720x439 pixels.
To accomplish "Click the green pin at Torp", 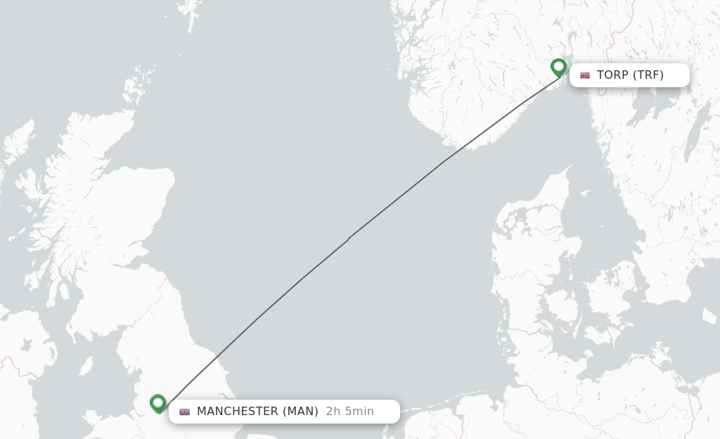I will pyautogui.click(x=559, y=67).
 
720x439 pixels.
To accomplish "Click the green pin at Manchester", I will pyautogui.click(x=158, y=403).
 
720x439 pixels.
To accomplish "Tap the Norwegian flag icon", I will pyautogui.click(x=585, y=75).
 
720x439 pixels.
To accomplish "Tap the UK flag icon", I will pyautogui.click(x=184, y=412).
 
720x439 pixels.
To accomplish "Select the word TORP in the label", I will pyautogui.click(x=612, y=75).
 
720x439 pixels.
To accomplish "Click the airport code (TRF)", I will pyautogui.click(x=648, y=75).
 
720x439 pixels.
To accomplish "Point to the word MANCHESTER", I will pyautogui.click(x=238, y=412).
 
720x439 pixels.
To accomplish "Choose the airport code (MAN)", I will pyautogui.click(x=300, y=412).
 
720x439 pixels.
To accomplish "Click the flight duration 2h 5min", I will pyautogui.click(x=349, y=412).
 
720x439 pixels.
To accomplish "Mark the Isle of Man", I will pyautogui.click(x=86, y=366).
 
